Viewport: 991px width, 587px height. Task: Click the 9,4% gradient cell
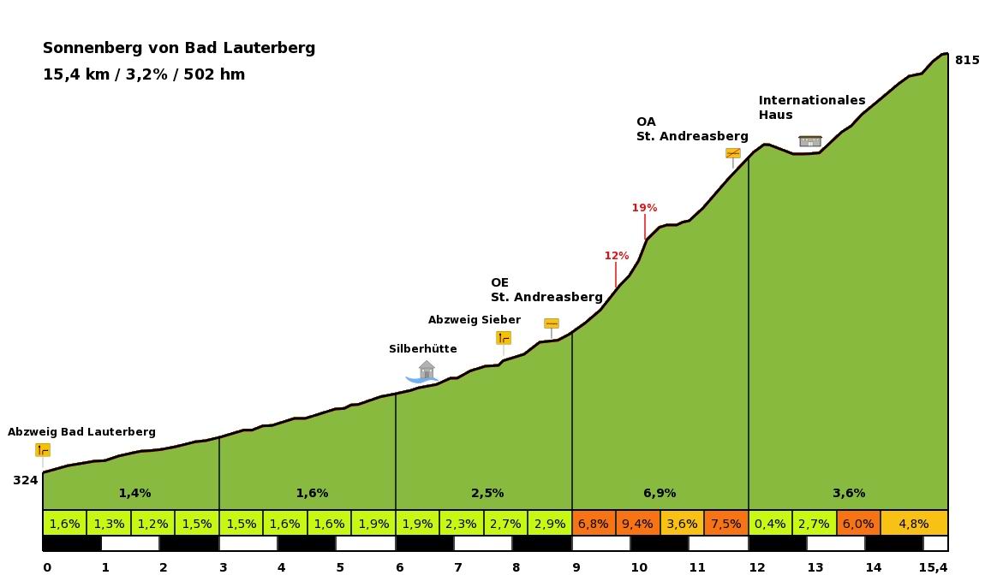(x=638, y=524)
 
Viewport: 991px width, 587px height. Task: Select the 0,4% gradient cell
(x=770, y=524)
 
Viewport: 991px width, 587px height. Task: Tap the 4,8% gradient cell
(x=914, y=524)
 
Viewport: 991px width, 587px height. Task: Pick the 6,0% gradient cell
(x=858, y=524)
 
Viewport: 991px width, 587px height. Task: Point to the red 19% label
(x=644, y=208)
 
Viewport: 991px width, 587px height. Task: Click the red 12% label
(x=616, y=256)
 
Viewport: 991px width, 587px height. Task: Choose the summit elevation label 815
(x=967, y=60)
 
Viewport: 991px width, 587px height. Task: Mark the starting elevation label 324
(x=25, y=480)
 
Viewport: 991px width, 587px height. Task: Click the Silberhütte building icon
(x=426, y=371)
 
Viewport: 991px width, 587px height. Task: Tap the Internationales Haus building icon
(x=809, y=140)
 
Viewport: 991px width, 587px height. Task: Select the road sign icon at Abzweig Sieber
(x=504, y=338)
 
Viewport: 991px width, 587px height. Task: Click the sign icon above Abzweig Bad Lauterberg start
(x=43, y=450)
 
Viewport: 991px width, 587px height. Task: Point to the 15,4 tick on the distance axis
(x=933, y=567)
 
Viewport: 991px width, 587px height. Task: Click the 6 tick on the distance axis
(x=399, y=567)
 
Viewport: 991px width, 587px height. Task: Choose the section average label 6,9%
(x=660, y=493)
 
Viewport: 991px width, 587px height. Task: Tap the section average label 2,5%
(x=487, y=493)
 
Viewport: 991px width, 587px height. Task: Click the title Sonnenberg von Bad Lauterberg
(x=179, y=48)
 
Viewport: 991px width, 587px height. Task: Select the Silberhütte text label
(x=422, y=349)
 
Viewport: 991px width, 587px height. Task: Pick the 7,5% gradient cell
(x=725, y=524)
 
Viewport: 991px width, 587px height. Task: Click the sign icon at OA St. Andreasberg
(x=732, y=153)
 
